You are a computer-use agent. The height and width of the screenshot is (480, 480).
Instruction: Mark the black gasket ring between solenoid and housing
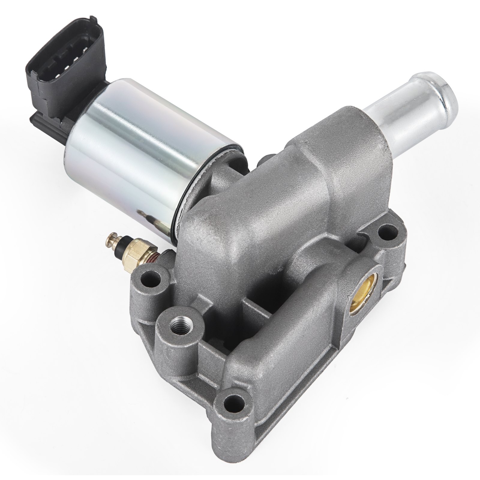tap(192, 192)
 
